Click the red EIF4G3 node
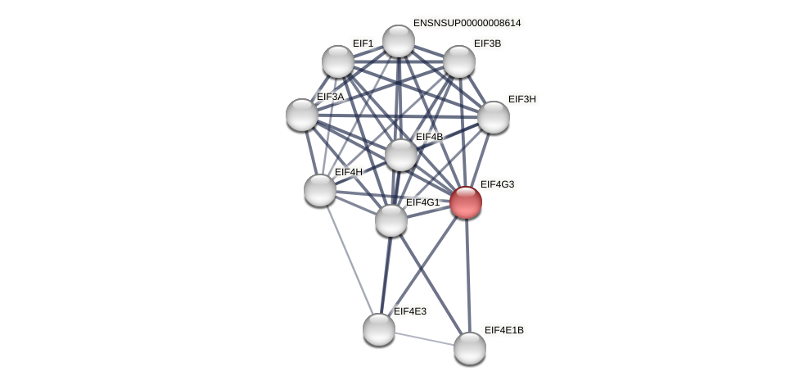466,202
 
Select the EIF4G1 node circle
391,220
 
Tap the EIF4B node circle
401,155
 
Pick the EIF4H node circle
320,190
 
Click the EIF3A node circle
302,115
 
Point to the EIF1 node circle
338,61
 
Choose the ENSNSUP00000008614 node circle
399,41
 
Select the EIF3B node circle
459,61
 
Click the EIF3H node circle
494,117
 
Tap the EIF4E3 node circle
379,329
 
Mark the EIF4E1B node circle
470,348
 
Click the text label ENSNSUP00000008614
467,23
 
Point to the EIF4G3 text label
497,184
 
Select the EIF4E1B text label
503,330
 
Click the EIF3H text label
521,99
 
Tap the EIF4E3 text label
409,311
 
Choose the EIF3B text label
487,43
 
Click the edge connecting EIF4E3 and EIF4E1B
424,338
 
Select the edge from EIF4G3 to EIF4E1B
467,275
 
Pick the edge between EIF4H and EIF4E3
350,260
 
